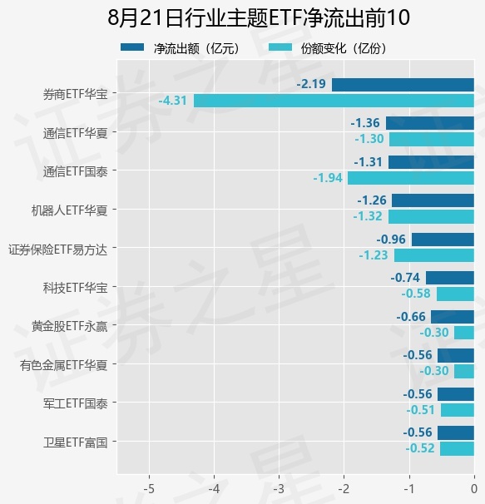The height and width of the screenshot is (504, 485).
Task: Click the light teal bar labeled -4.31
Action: (x=334, y=101)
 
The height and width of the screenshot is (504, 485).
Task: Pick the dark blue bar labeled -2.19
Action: (x=403, y=85)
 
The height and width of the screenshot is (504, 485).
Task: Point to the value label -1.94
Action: (x=328, y=178)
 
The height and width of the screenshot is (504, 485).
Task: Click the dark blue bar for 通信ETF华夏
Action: (x=430, y=123)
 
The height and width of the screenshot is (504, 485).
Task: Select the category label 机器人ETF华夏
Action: (x=69, y=210)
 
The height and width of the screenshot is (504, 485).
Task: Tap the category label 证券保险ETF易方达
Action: (x=57, y=250)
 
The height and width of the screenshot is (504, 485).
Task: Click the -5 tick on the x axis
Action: (x=149, y=488)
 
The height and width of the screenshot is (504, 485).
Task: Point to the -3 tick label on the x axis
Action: (x=279, y=488)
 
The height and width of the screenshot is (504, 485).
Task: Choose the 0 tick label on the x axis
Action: (x=473, y=488)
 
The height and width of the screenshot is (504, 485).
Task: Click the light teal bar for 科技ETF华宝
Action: (x=455, y=294)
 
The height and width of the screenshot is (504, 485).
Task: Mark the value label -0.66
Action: (x=411, y=317)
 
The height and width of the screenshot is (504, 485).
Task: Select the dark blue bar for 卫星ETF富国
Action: (x=456, y=432)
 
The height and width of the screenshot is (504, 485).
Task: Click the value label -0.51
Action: (x=420, y=410)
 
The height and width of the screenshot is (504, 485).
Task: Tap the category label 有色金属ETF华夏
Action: (x=63, y=365)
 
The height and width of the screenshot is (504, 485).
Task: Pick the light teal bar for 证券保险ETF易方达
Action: (x=434, y=255)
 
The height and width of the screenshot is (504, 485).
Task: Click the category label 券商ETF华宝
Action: (x=75, y=94)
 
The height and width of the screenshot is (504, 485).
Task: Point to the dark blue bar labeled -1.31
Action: (x=431, y=162)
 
